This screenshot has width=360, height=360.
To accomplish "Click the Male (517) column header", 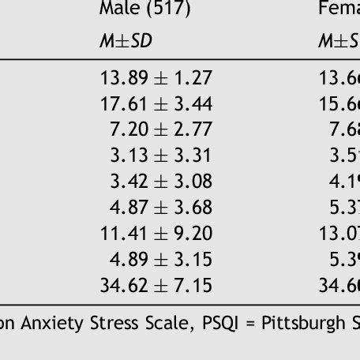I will pyautogui.click(x=145, y=9).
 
